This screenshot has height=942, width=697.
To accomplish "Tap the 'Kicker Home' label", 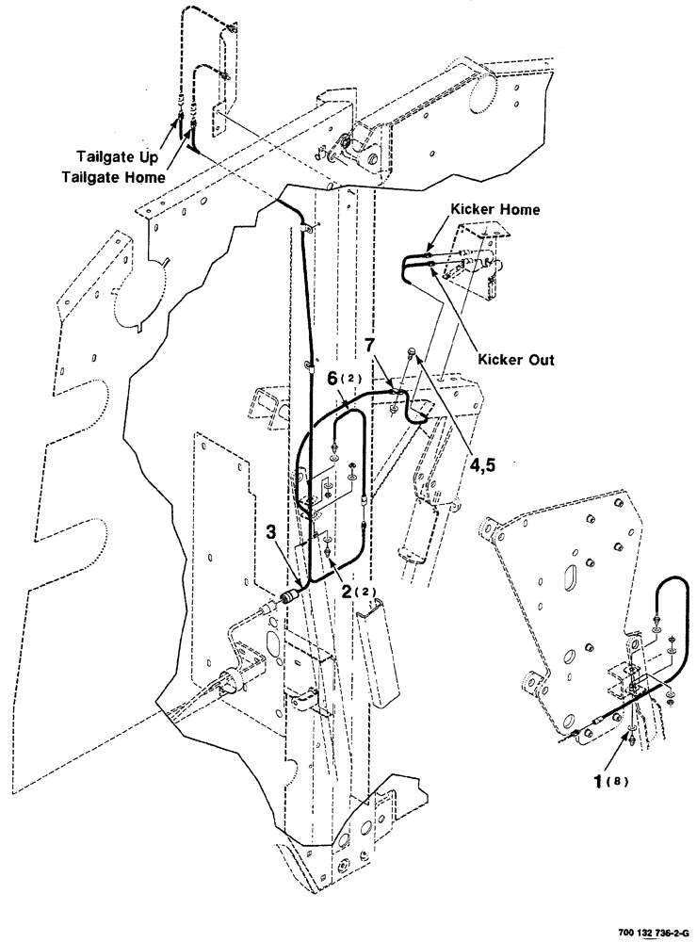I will click(495, 210).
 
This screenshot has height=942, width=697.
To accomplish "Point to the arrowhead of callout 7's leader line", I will click(393, 383).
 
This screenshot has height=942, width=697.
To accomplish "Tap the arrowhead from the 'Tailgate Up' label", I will click(177, 119).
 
